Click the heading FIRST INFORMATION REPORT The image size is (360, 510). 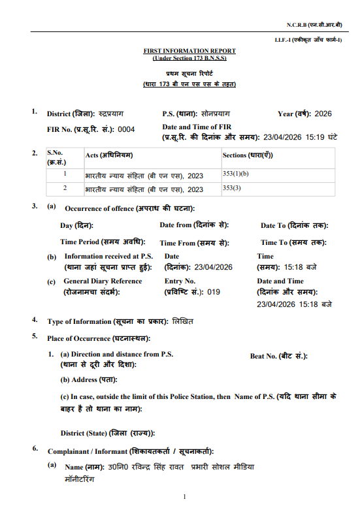pyautogui.click(x=189, y=50)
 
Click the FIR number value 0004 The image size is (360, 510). pyautogui.click(x=126, y=129)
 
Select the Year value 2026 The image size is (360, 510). pyautogui.click(x=323, y=114)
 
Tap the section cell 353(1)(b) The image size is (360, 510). pyautogui.click(x=236, y=174)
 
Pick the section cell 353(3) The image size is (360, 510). pyautogui.click(x=232, y=187)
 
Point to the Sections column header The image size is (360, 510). pyautogui.click(x=247, y=155)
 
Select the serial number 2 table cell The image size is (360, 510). pyautogui.click(x=65, y=188)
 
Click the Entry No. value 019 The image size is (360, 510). pyautogui.click(x=214, y=292)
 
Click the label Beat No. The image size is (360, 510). pyautogui.click(x=267, y=356)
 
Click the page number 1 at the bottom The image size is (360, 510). pyautogui.click(x=185, y=497)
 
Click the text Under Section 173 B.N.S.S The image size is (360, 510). pyautogui.click(x=189, y=57)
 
